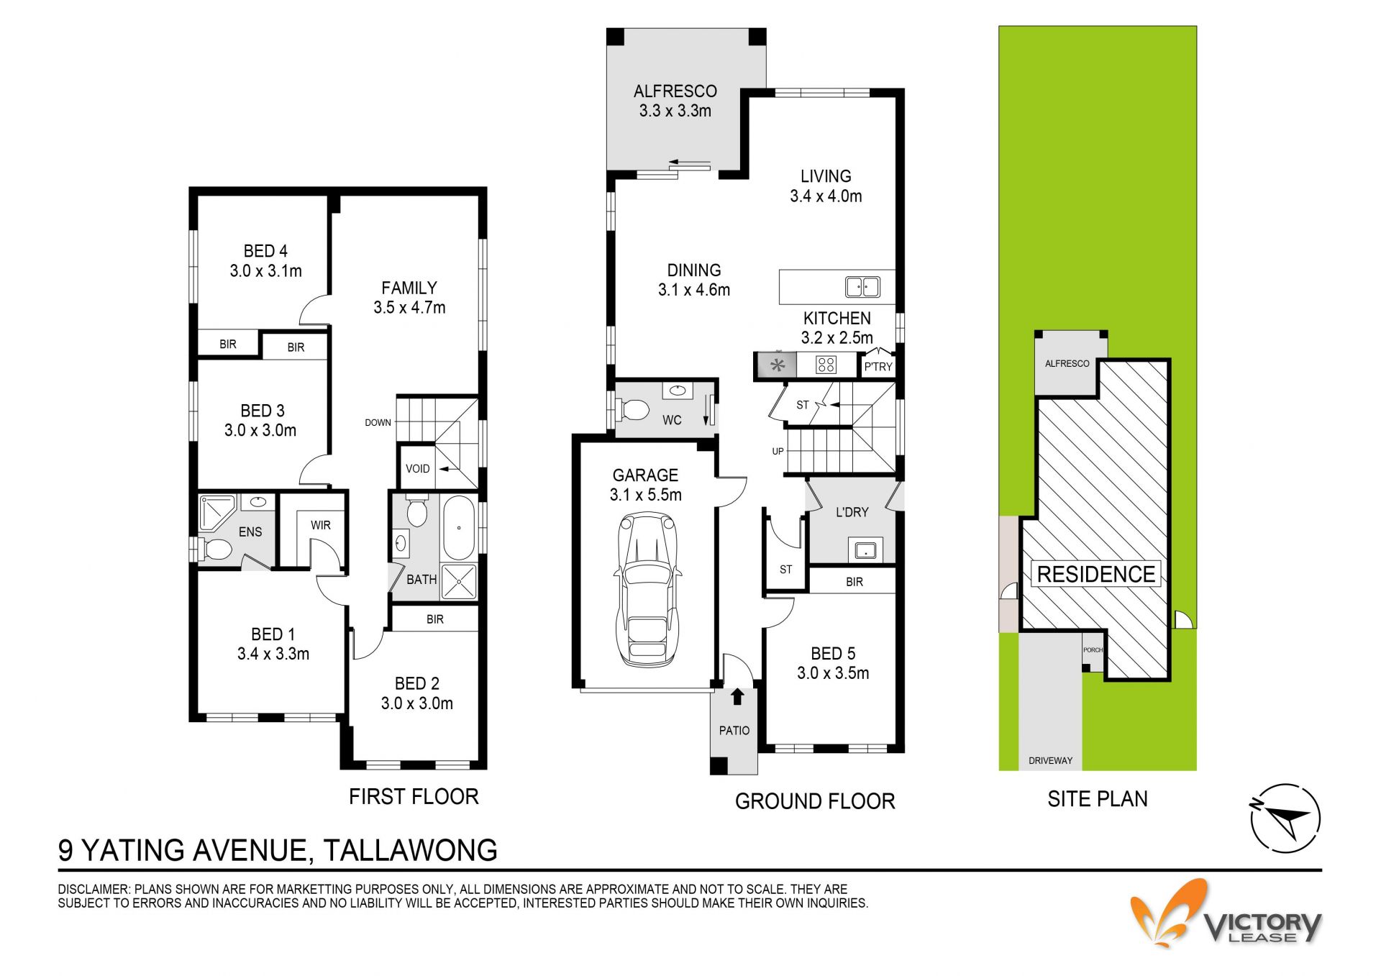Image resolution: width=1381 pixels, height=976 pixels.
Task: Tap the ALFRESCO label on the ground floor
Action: click(x=675, y=91)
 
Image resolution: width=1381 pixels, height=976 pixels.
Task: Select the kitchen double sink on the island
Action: click(x=862, y=287)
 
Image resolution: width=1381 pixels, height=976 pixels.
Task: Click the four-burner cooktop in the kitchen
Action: click(x=826, y=365)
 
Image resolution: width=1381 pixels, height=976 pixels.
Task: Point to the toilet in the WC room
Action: click(x=633, y=410)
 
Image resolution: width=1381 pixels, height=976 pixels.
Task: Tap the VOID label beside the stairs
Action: click(x=417, y=469)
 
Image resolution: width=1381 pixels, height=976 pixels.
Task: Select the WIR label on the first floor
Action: click(x=321, y=525)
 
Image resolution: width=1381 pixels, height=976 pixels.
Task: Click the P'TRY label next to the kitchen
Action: click(x=878, y=367)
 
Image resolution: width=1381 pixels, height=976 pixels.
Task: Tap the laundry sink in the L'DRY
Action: click(x=864, y=550)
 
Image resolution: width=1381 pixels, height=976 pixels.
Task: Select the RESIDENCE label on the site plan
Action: click(x=1096, y=574)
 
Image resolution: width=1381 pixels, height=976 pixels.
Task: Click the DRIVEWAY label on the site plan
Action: click(x=1050, y=760)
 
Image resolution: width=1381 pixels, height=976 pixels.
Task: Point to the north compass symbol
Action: click(x=1286, y=818)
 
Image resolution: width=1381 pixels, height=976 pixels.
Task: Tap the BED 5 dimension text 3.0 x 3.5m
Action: click(x=833, y=673)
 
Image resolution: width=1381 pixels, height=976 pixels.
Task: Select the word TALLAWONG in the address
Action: click(x=410, y=850)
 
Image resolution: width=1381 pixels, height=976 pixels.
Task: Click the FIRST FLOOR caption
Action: click(x=414, y=796)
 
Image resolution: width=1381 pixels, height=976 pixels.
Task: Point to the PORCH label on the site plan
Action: click(x=1093, y=650)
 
